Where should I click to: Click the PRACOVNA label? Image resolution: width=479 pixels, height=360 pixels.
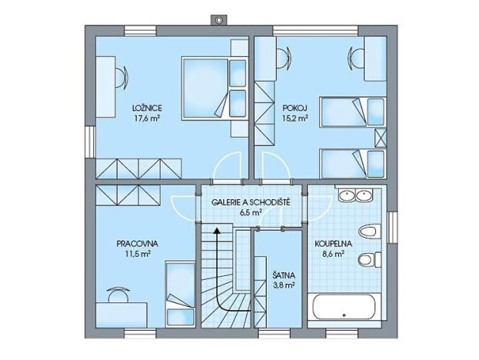[132, 243]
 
